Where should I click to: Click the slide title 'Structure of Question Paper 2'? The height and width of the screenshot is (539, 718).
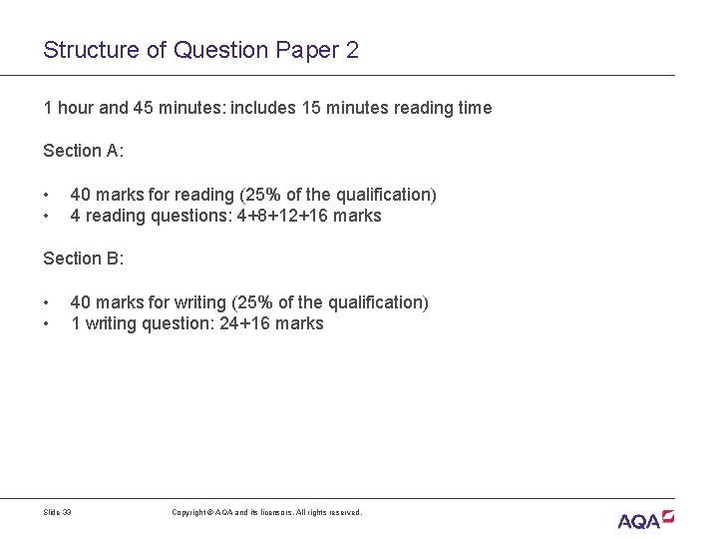[x=200, y=50]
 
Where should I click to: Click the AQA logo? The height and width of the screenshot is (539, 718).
[x=645, y=519]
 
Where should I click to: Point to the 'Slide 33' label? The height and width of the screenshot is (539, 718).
[x=58, y=512]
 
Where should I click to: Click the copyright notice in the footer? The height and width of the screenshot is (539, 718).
[x=266, y=512]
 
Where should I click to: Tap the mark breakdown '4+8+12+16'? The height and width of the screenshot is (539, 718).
[x=284, y=216]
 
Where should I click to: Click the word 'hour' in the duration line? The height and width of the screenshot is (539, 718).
[x=74, y=108]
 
